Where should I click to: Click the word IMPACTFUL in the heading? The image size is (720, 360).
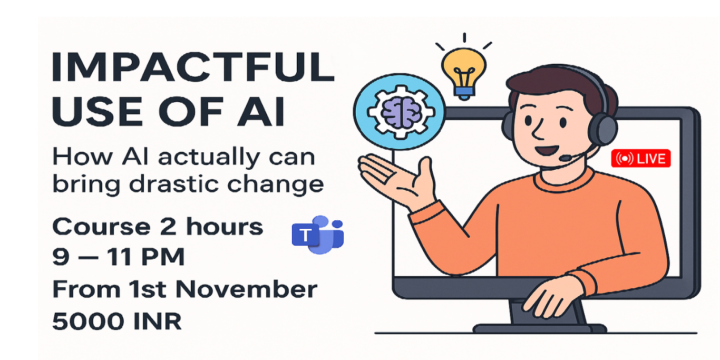point(193,67)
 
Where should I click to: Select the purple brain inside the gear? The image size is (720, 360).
point(400,112)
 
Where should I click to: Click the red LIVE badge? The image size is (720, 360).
point(640,158)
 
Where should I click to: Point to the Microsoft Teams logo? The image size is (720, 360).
point(318,235)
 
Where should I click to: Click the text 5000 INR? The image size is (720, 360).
point(117,321)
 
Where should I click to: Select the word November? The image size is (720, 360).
point(246,289)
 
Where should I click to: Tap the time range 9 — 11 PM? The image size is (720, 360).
point(118,257)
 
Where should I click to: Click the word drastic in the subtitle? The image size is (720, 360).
point(174,184)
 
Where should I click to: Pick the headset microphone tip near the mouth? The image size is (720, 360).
point(565,158)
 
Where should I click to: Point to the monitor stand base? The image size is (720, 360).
point(540,328)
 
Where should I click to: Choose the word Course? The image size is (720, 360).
point(101,227)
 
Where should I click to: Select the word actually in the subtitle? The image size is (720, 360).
point(209,157)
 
